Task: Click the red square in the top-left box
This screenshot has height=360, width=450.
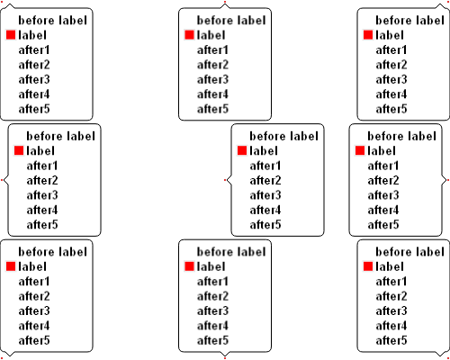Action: coord(11,35)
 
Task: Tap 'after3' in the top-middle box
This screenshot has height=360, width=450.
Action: coord(212,79)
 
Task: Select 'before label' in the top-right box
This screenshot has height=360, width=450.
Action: coord(409,20)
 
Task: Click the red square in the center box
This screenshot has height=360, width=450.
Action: coord(242,150)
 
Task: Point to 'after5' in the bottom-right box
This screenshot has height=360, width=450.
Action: coord(391,340)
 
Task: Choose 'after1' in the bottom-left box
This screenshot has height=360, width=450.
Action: coord(34,282)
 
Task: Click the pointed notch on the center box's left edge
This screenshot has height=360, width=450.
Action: coord(228,180)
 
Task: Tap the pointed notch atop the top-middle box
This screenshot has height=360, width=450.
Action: coord(225,5)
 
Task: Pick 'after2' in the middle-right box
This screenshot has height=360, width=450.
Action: coord(383,180)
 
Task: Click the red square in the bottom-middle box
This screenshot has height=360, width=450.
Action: coord(189,266)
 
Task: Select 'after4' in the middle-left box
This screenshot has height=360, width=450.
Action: coord(42,210)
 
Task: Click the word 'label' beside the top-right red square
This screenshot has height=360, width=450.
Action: coord(390,35)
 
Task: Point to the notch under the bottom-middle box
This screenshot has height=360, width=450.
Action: coord(225,355)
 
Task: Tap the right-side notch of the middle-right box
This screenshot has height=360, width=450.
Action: coord(445,180)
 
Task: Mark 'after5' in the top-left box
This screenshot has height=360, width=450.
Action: coord(34,109)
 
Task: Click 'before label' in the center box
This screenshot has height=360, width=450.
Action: coord(283,136)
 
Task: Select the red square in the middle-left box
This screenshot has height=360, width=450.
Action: coord(19,150)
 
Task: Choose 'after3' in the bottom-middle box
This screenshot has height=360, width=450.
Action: coord(212,311)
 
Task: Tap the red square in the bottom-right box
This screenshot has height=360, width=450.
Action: coord(368,266)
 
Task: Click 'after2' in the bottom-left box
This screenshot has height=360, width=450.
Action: coord(34,296)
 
